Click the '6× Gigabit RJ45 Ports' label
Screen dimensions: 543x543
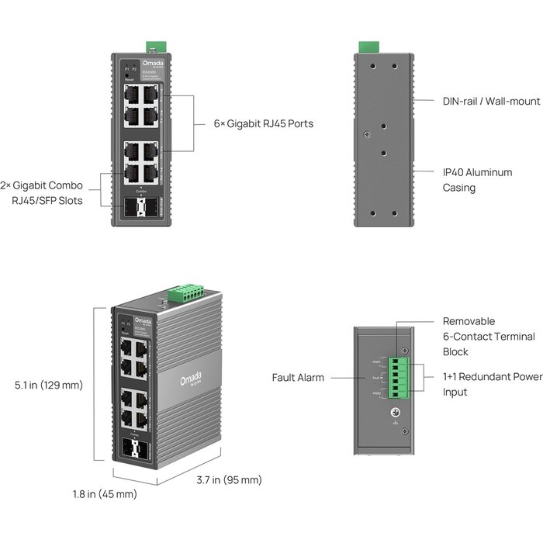click(x=264, y=123)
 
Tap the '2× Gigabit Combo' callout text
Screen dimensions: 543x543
click(x=52, y=186)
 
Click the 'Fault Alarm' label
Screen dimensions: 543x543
click(x=298, y=378)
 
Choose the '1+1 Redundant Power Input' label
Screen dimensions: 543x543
click(x=492, y=384)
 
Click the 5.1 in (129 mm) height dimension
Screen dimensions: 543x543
click(x=49, y=385)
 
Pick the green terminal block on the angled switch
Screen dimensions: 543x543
click(x=187, y=292)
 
